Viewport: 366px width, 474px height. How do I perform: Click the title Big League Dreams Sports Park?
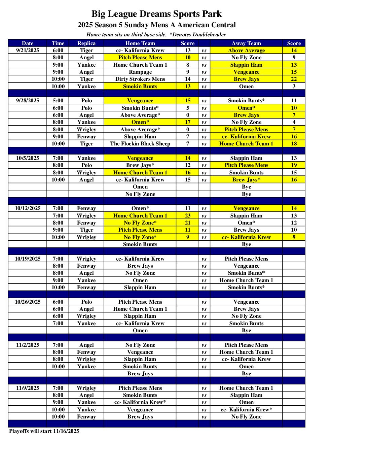point(156,14)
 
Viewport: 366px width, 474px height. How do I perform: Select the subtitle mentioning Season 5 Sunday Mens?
point(156,25)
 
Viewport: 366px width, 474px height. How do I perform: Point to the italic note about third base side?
point(156,35)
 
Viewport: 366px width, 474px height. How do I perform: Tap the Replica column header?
point(86,43)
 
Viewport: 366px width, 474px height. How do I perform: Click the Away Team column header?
point(246,43)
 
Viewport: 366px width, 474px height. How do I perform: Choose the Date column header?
point(28,43)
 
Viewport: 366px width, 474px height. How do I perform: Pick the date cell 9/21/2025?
point(28,50)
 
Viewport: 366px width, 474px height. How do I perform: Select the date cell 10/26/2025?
point(28,302)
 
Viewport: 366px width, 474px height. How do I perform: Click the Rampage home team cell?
point(140,72)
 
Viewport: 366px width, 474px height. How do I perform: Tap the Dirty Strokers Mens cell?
point(140,79)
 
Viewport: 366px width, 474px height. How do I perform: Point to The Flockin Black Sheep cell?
point(140,144)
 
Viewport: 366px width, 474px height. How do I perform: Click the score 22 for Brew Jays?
point(294,79)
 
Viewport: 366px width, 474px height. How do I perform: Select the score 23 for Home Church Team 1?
point(187,216)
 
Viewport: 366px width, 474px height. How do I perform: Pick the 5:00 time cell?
point(58,101)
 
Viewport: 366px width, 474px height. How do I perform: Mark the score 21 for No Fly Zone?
point(187,223)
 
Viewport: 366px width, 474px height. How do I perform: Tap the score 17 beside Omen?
point(187,122)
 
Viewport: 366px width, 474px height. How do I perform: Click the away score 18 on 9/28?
point(294,144)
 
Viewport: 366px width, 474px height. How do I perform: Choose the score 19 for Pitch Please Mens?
point(294,165)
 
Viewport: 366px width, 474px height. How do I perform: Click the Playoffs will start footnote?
point(44,431)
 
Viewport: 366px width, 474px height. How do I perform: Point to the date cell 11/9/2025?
point(28,388)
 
